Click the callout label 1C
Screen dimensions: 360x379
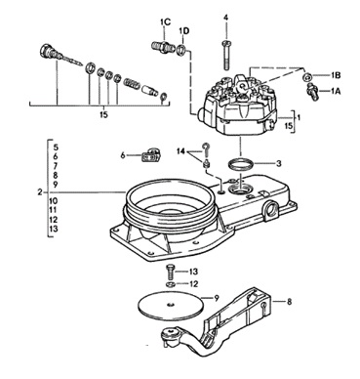(x=165, y=22)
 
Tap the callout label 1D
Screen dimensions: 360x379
(x=184, y=31)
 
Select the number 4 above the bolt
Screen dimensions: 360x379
(x=225, y=18)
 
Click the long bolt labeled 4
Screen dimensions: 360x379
(x=226, y=55)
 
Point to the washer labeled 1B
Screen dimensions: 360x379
(x=306, y=77)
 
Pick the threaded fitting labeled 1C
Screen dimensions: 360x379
(x=162, y=46)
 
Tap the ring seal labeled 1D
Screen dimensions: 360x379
(x=182, y=50)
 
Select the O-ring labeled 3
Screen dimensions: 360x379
(x=240, y=164)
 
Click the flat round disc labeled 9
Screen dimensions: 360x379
(x=170, y=304)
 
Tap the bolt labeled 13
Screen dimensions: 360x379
(x=171, y=272)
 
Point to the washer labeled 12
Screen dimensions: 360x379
(x=170, y=285)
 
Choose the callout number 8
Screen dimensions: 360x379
(x=289, y=302)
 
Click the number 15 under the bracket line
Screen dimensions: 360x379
(x=103, y=115)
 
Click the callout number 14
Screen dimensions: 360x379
(x=181, y=151)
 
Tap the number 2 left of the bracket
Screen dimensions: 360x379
(x=40, y=192)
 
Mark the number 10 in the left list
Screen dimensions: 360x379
(x=54, y=200)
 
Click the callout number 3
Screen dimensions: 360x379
(x=278, y=164)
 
